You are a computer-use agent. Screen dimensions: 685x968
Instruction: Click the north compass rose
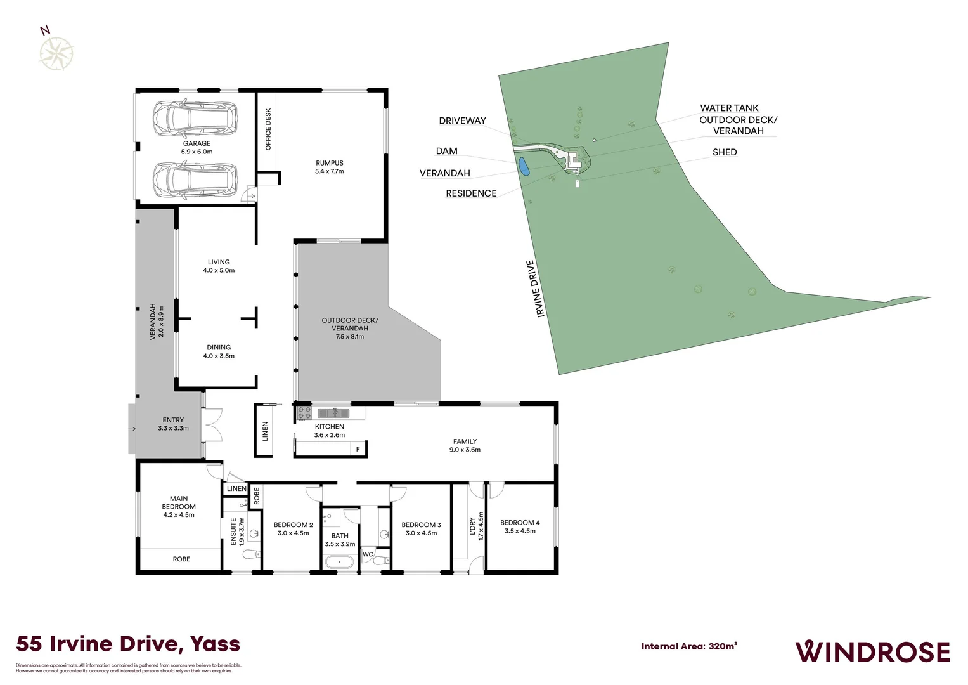coord(56,53)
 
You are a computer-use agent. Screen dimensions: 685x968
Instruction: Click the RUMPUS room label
coord(330,167)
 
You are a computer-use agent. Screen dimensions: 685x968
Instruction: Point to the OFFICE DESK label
coord(268,129)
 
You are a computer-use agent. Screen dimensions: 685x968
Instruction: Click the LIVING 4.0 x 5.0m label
coord(219,266)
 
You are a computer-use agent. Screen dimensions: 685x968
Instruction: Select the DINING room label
coord(219,351)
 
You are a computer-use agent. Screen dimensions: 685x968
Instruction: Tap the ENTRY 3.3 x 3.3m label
coord(173,424)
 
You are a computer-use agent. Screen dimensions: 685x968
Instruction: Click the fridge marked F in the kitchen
coord(358,449)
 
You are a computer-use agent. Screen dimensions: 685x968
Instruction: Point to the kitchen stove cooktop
coord(304,413)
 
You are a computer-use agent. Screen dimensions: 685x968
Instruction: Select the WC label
coord(368,554)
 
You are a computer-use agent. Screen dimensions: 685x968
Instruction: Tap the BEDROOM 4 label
coord(520,526)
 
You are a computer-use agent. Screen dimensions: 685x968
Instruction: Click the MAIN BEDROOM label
coord(179,506)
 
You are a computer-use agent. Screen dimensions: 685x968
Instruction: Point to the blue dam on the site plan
coord(524,167)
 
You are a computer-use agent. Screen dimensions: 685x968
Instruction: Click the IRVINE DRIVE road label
coord(536,289)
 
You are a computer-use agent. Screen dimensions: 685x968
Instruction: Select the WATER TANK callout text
coord(729,108)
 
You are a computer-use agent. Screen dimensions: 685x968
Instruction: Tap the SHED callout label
coord(725,152)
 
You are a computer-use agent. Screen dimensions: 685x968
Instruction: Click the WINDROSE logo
coord(872,651)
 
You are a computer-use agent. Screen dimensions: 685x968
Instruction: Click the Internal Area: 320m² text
coord(689,646)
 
